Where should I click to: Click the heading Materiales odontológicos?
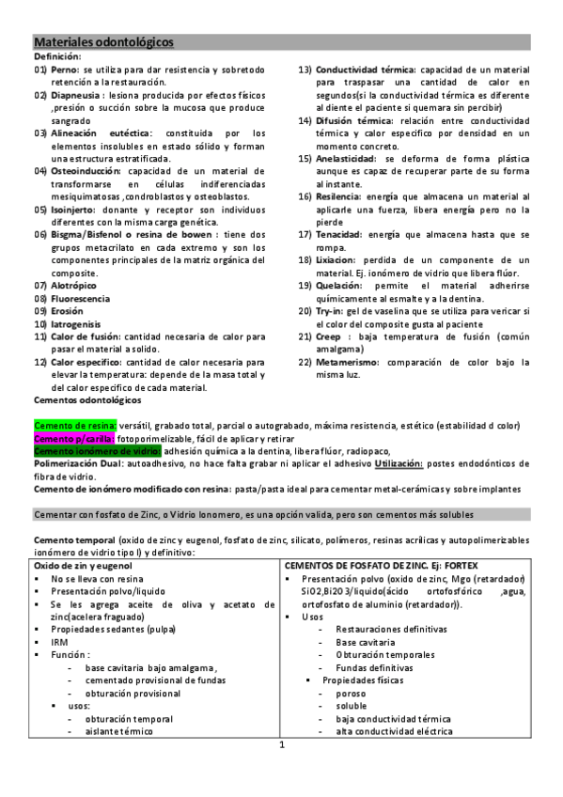(x=103, y=43)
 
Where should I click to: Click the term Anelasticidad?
(x=352, y=158)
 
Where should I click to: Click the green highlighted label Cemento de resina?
(x=74, y=426)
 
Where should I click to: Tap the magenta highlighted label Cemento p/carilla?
(x=74, y=439)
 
